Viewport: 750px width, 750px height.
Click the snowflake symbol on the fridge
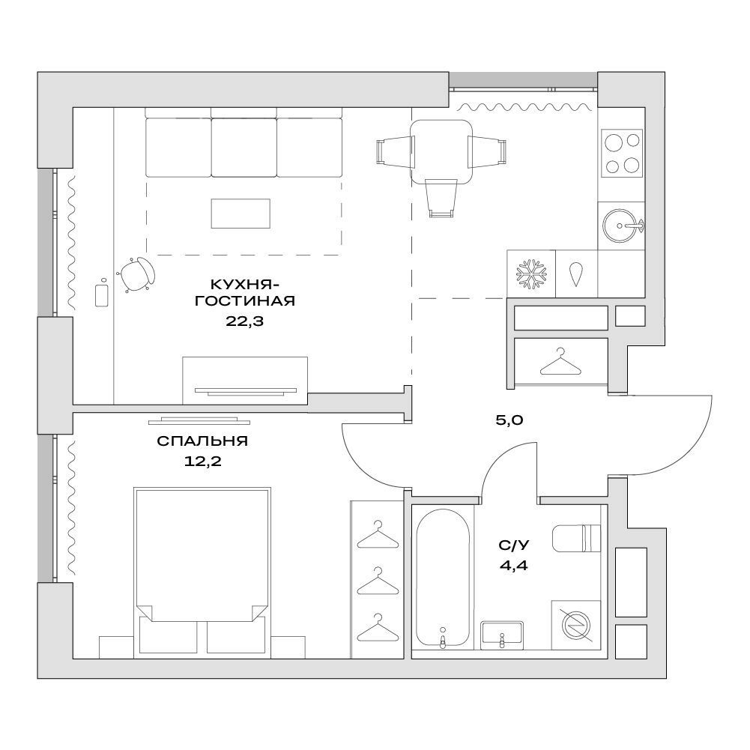[x=531, y=274]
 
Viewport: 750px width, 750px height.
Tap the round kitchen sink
[x=621, y=226]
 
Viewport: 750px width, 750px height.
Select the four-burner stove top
[x=622, y=153]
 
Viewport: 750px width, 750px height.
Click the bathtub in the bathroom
[x=443, y=578]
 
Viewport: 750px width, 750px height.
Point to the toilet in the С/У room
[x=576, y=539]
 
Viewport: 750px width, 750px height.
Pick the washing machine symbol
[x=576, y=625]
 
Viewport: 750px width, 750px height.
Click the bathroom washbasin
[x=502, y=635]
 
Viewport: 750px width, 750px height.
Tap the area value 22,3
[x=244, y=321]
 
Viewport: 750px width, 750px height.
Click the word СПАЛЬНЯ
[x=202, y=441]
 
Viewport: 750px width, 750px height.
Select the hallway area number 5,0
[x=509, y=420]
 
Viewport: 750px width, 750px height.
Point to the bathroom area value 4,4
[x=514, y=566]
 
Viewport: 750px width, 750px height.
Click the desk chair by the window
[x=136, y=274]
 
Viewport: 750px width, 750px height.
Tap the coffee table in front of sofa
[x=241, y=214]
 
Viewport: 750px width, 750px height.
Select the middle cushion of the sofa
[x=244, y=148]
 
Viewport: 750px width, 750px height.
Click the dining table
[x=441, y=152]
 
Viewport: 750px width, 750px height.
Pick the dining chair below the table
[x=441, y=198]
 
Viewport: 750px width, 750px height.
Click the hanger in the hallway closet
[x=560, y=362]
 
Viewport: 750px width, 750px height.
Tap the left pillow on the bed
[x=168, y=635]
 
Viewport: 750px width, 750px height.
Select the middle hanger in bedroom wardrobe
[x=378, y=581]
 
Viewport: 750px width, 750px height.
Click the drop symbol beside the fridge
[x=576, y=274]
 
